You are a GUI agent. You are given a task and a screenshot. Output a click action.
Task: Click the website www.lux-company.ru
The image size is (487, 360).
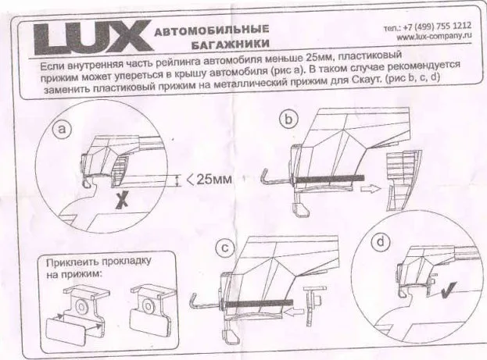(435, 36)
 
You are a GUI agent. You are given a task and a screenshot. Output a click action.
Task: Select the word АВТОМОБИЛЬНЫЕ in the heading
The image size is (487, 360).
(206, 31)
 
